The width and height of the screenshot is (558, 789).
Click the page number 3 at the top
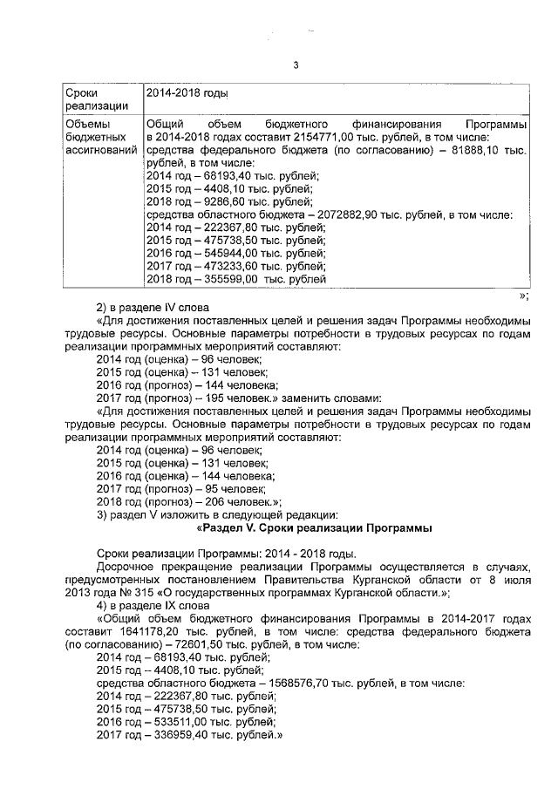click(296, 66)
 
